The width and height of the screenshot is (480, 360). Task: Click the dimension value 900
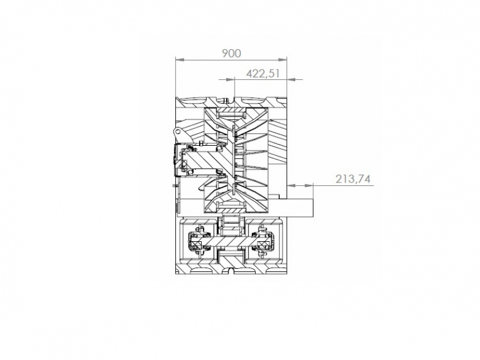(x=232, y=53)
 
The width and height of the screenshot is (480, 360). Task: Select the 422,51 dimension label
(x=263, y=74)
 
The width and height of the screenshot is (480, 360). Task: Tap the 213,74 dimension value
(x=353, y=179)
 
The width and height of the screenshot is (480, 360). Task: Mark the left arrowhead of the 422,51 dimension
(x=230, y=80)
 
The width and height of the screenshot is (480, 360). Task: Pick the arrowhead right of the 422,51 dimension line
(x=291, y=80)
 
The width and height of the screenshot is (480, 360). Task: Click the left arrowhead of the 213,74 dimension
(x=291, y=185)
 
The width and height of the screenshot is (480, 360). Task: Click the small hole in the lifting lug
(x=176, y=131)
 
